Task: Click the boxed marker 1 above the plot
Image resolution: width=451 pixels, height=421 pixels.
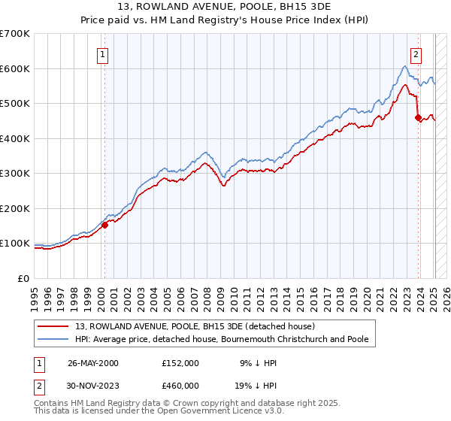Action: point(101,53)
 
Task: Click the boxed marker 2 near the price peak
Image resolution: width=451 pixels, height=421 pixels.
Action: point(416,53)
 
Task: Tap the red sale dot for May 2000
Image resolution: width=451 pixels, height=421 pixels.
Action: point(105,225)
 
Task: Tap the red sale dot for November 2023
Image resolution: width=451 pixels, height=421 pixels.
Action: point(418,117)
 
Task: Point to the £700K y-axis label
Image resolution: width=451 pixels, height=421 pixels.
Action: point(15,34)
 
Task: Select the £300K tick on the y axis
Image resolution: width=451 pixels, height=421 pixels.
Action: point(15,174)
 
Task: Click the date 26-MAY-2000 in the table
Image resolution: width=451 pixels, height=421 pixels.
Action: point(93,362)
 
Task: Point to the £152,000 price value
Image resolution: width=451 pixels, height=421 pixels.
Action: point(180,362)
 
